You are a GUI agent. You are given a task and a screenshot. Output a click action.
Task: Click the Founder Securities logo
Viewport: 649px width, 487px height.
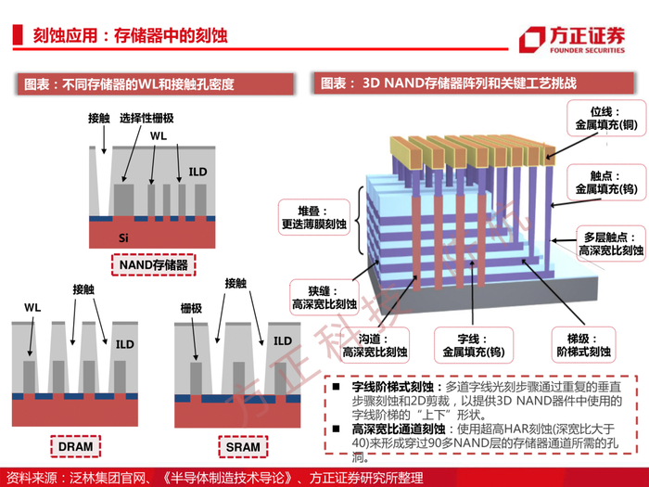pos(572,40)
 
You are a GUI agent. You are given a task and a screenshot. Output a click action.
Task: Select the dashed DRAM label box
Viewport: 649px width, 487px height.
pos(76,446)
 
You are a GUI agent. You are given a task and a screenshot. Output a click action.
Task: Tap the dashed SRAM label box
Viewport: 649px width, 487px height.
pos(243,447)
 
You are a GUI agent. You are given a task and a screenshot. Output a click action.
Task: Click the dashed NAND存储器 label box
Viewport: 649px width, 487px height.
pos(154,264)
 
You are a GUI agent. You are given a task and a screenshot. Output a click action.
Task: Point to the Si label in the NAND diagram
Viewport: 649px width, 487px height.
pos(123,237)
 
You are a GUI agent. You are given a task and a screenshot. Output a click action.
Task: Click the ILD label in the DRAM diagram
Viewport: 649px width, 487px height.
pos(124,344)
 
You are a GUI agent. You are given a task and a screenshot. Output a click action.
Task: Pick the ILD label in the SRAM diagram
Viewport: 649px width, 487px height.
pos(283,340)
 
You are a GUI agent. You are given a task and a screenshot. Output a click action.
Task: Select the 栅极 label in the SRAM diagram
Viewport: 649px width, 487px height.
pos(191,308)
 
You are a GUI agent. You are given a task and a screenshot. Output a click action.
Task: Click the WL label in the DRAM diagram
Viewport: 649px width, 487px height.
pos(32,307)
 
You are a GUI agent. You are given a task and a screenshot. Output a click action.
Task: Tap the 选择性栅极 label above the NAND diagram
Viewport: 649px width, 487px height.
pos(146,118)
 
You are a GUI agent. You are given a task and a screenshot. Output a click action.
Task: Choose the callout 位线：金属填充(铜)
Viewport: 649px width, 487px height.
pos(606,118)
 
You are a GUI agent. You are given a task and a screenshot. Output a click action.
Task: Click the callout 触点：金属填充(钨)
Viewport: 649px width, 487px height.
pos(606,182)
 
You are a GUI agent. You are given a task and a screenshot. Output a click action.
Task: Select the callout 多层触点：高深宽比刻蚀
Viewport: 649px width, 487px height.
pos(611,243)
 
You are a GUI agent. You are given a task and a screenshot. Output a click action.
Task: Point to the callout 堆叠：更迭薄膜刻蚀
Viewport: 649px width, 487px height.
pos(314,217)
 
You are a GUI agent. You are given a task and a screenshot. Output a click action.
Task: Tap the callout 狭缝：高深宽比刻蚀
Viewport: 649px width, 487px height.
pos(324,298)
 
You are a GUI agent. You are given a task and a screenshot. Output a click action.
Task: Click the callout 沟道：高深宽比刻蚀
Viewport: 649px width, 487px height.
pos(375,345)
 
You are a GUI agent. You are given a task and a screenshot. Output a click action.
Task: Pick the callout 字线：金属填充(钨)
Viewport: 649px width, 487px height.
pos(474,345)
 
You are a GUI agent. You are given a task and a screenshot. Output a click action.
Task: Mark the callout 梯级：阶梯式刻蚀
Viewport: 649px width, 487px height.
pos(583,345)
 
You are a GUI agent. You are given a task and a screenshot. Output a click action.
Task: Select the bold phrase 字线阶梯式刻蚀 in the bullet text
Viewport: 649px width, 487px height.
pos(392,387)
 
